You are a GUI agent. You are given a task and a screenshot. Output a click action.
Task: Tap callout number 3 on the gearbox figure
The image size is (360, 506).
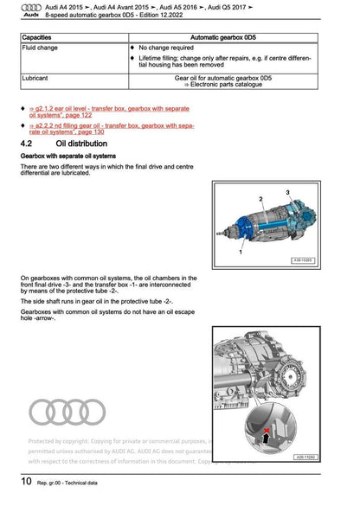click(285, 189)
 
